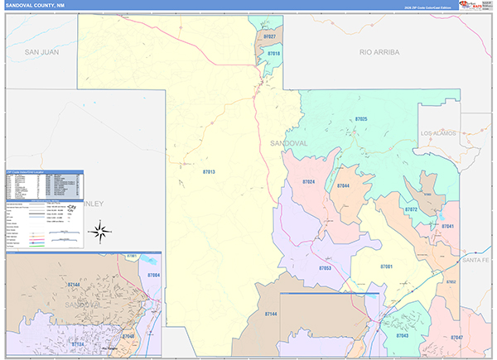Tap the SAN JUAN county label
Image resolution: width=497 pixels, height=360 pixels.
click(x=41, y=51)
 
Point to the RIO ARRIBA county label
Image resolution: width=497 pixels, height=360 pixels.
click(x=379, y=51)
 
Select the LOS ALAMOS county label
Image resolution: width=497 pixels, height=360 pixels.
click(x=439, y=133)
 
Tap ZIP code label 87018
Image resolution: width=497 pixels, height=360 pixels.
click(x=273, y=54)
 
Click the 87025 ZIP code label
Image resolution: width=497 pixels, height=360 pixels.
click(x=366, y=121)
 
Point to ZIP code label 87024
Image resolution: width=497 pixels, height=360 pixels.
click(x=308, y=182)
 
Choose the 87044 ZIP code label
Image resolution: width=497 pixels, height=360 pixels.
click(x=343, y=186)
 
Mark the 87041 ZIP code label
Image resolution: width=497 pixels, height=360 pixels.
click(x=448, y=226)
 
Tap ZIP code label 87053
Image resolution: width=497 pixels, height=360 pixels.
click(x=326, y=268)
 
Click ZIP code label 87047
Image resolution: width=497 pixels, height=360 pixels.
click(x=456, y=338)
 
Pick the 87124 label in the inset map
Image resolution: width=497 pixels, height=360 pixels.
click(x=79, y=343)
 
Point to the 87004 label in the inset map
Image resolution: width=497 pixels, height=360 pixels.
click(x=153, y=275)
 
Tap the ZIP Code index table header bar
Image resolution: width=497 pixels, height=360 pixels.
click(x=44, y=173)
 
